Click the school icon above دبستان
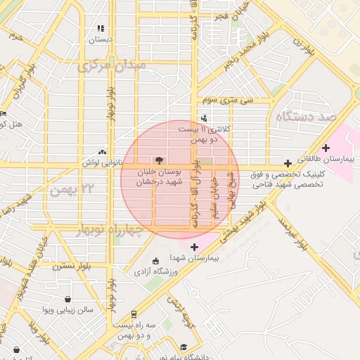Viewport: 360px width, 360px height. pyautogui.click(x=101, y=29)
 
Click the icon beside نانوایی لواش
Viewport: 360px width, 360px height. pyautogui.click(x=103, y=152)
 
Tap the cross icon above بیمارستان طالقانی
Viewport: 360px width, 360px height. pyautogui.click(x=325, y=148)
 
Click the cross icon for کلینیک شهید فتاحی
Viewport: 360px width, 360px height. pyautogui.click(x=287, y=163)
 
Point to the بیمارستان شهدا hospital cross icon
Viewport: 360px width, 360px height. pyautogui.click(x=194, y=247)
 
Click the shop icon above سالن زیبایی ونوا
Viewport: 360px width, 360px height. pyautogui.click(x=67, y=298)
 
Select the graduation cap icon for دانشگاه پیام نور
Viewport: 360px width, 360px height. pyautogui.click(x=184, y=347)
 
